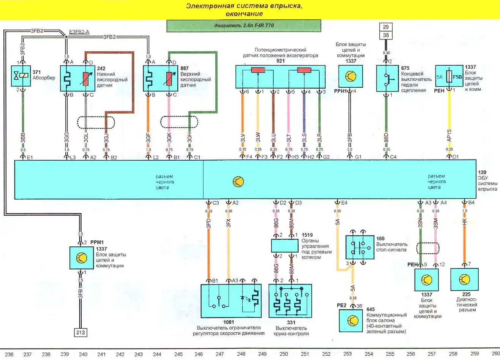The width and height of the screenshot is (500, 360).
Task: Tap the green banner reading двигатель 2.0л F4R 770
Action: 243,26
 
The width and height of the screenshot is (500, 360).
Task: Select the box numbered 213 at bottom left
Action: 80,333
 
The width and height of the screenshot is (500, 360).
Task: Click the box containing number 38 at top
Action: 386,35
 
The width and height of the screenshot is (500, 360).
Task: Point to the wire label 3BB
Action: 23,138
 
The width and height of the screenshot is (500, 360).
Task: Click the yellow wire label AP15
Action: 449,136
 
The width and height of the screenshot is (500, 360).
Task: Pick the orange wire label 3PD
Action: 208,223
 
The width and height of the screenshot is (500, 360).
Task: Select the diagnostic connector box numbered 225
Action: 464,279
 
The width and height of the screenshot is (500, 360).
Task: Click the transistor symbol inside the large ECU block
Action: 238,182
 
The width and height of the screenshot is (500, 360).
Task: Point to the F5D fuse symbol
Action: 449,77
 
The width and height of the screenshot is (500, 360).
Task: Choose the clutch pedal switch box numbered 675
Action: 387,78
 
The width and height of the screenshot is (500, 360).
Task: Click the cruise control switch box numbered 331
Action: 290,301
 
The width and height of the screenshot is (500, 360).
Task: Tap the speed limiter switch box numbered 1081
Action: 231,301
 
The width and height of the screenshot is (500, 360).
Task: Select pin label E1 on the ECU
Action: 30,157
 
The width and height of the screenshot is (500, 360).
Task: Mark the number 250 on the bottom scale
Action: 284,354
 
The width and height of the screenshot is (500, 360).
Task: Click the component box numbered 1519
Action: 284,246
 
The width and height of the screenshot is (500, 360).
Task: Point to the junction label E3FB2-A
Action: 79,32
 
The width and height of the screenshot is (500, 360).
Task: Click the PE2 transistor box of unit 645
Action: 350,321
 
